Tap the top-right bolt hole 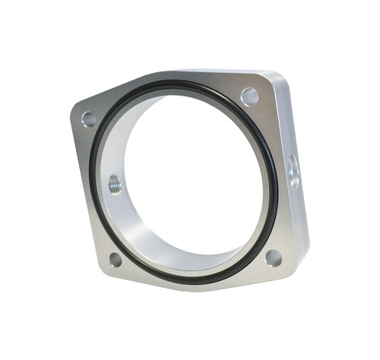(x=249, y=96)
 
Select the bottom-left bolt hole (x=116, y=259)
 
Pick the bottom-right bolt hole (x=273, y=257)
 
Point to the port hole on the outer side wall (x=293, y=172)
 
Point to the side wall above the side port (x=289, y=122)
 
